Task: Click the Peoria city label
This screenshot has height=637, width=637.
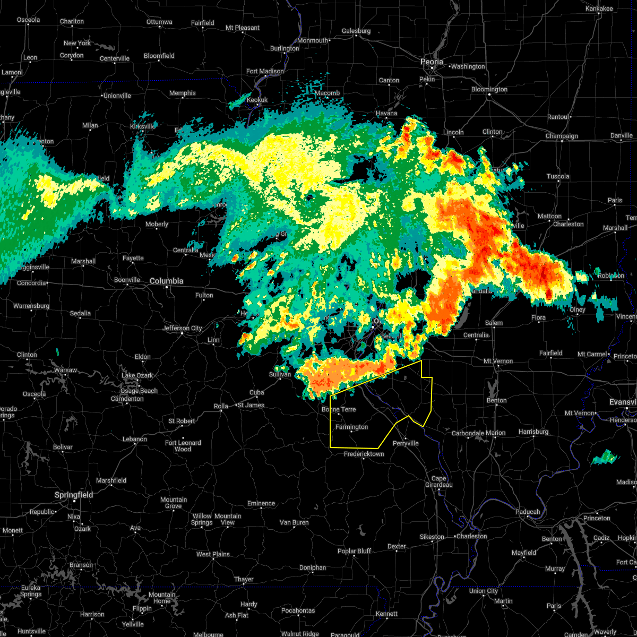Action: (432, 62)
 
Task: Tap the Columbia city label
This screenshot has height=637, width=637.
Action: (166, 281)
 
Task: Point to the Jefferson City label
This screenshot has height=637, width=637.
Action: (182, 328)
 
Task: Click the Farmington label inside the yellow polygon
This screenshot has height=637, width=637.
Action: (351, 427)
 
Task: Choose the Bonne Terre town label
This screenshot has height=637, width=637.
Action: (339, 409)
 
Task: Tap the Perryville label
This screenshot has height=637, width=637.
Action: (406, 443)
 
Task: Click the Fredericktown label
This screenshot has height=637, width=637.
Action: (364, 454)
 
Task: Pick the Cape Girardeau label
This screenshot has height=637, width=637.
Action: (438, 481)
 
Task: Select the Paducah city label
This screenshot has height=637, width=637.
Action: (528, 512)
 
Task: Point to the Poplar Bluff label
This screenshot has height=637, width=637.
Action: (354, 551)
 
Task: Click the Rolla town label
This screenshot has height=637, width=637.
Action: (221, 406)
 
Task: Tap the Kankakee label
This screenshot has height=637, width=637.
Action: (599, 8)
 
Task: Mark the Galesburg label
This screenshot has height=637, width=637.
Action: (356, 31)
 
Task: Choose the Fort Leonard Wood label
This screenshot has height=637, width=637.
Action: (183, 446)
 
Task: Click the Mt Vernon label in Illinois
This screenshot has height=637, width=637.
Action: (498, 361)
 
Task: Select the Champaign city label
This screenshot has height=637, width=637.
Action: (562, 136)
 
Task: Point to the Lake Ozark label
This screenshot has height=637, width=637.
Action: (137, 375)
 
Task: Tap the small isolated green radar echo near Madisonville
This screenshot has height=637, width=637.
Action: (605, 457)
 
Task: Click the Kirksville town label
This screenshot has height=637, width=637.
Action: (142, 126)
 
